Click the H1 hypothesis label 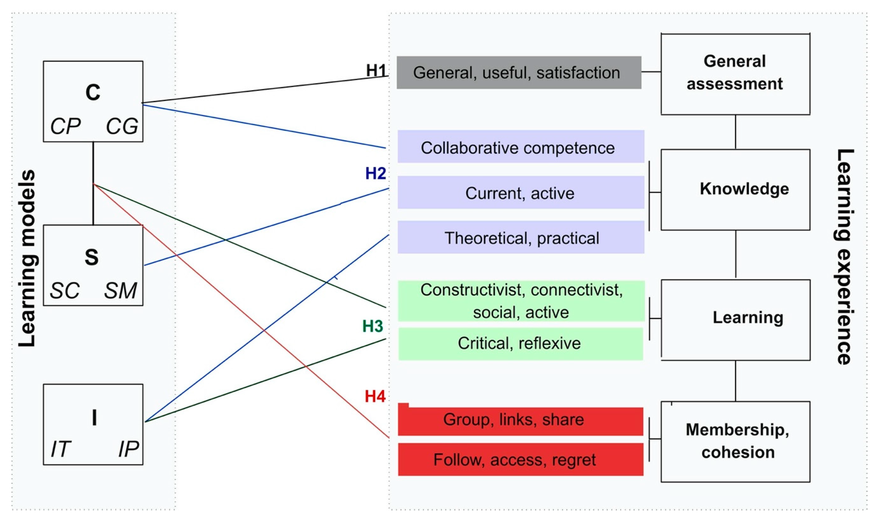[x=377, y=71]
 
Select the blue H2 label [x=375, y=173]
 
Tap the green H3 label [x=373, y=326]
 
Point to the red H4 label [x=375, y=396]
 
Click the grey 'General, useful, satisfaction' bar [x=519, y=73]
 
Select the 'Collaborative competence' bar [x=521, y=147]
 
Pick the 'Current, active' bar [x=521, y=193]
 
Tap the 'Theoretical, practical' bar [x=521, y=237]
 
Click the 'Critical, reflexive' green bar [x=520, y=344]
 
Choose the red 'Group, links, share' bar [x=520, y=420]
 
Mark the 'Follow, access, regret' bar [x=520, y=460]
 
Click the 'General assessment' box [x=735, y=74]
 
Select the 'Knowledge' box [x=735, y=190]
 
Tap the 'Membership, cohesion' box [x=735, y=441]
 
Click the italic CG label [x=122, y=126]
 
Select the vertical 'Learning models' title [x=27, y=258]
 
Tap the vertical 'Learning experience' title [x=845, y=257]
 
